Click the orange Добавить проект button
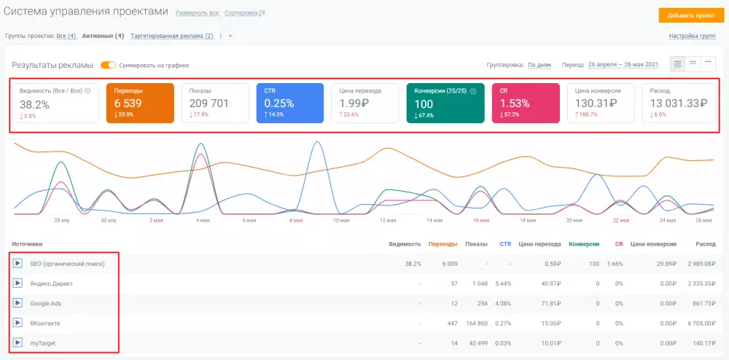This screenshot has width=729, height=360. pyautogui.click(x=691, y=15)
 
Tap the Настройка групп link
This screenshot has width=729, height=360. pyautogui.click(x=692, y=36)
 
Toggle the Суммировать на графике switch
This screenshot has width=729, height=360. pyautogui.click(x=108, y=65)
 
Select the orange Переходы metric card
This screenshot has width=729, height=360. pyautogui.click(x=141, y=103)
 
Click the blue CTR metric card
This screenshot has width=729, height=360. pyautogui.click(x=290, y=103)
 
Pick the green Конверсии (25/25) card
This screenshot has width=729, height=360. pyautogui.click(x=445, y=103)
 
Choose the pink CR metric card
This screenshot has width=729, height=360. pyautogui.click(x=526, y=103)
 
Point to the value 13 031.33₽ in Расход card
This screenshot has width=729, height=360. pyautogui.click(x=679, y=103)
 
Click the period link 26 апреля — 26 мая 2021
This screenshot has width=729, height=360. pyautogui.click(x=623, y=65)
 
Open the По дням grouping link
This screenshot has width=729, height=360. pyautogui.click(x=539, y=65)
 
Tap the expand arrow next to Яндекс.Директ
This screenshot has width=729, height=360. pyautogui.click(x=17, y=283)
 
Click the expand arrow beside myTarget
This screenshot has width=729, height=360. pyautogui.click(x=17, y=343)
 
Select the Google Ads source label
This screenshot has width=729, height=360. pyautogui.click(x=45, y=303)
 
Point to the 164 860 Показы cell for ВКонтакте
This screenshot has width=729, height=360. pyautogui.click(x=477, y=324)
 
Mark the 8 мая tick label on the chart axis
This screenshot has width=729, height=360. pyautogui.click(x=296, y=221)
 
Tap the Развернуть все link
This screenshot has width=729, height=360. pyautogui.click(x=197, y=13)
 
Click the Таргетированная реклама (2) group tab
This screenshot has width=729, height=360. pyautogui.click(x=172, y=36)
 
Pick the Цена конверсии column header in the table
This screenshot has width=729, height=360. pyautogui.click(x=653, y=244)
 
